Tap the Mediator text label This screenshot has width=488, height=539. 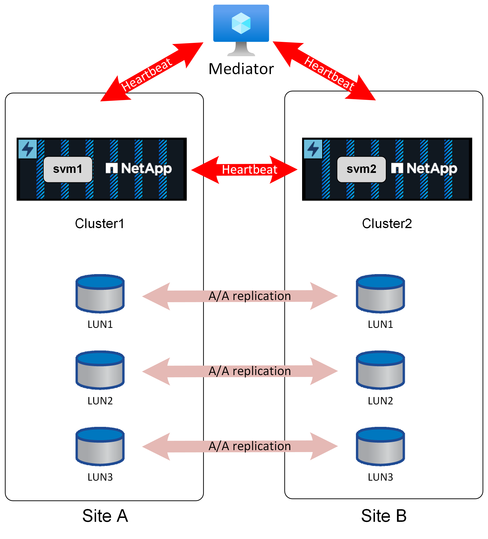click(x=241, y=69)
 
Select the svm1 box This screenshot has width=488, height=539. click(x=68, y=169)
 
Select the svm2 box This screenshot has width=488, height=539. click(x=361, y=169)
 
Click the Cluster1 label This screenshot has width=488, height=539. click(x=99, y=223)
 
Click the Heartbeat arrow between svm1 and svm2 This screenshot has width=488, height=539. click(x=244, y=169)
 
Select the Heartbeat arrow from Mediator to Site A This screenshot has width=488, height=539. click(x=152, y=72)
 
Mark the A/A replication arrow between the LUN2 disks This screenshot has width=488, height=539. click(x=240, y=371)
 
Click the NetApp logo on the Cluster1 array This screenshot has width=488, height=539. click(x=138, y=169)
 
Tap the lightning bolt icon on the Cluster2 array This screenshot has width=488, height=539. click(x=313, y=149)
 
